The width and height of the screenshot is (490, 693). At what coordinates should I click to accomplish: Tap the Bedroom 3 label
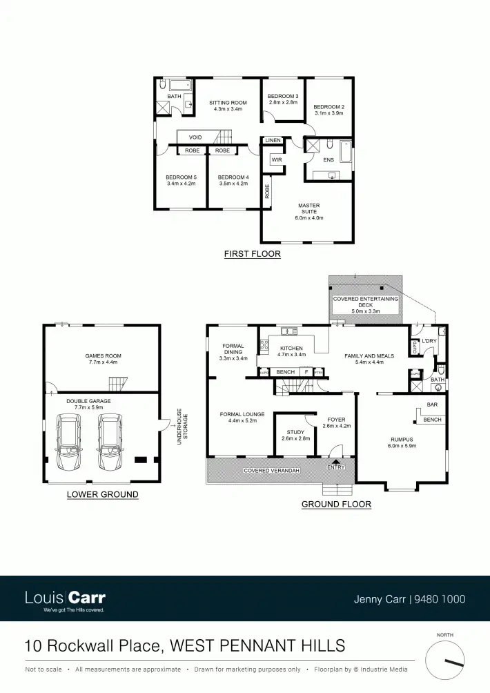coord(283,96)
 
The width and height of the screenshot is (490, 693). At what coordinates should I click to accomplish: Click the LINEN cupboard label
coord(273,141)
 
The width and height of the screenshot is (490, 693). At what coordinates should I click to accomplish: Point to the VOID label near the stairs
coord(195,137)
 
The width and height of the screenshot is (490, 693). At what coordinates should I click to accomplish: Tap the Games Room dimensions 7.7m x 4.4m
coord(103,362)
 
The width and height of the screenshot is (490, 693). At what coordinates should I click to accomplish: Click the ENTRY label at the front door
coord(336,467)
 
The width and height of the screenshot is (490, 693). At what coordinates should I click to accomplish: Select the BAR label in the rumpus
coord(432,404)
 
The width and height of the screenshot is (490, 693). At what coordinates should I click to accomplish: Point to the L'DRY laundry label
coord(429,341)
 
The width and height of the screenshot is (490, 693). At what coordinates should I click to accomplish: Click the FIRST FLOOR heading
coord(252,254)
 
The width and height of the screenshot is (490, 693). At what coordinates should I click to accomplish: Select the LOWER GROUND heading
coord(102,494)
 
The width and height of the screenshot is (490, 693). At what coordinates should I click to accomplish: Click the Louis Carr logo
coord(65,598)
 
